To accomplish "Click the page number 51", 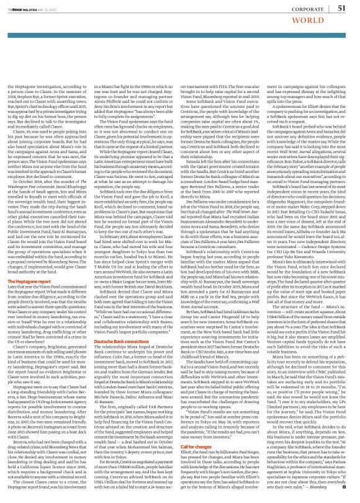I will (x=340, y=7).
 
